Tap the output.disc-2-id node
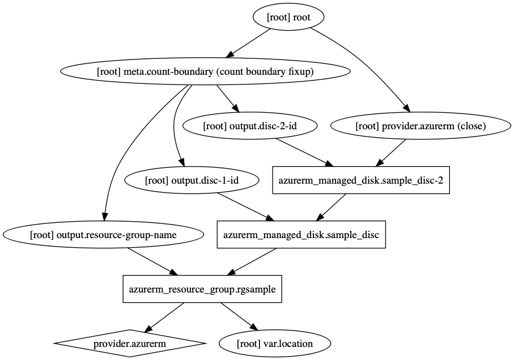pyautogui.click(x=249, y=126)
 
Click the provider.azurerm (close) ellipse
pyautogui.click(x=420, y=126)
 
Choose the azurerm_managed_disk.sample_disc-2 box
pyautogui.click(x=361, y=180)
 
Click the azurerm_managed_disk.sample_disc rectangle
pyautogui.click(x=301, y=235)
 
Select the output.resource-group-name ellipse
pyautogui.click(x=103, y=235)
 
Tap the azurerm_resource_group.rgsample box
pyautogui.click(x=202, y=289)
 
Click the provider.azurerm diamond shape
pyautogui.click(x=130, y=343)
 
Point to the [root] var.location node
pyautogui.click(x=274, y=343)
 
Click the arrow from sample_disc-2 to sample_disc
pyautogui.click(x=332, y=207)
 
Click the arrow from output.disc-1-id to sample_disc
pyautogui.click(x=241, y=207)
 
